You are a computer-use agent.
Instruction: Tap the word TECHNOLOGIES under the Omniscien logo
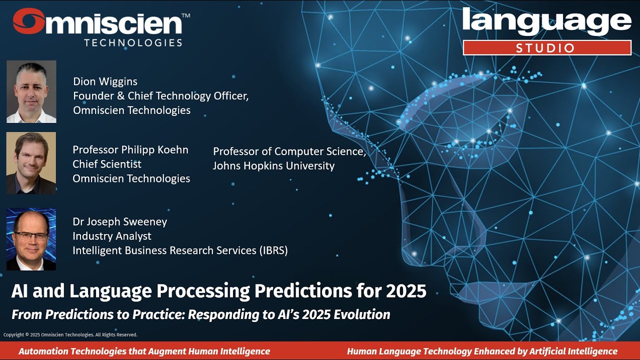click(133, 42)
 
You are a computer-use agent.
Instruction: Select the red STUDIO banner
click(547, 48)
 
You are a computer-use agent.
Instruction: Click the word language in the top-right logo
click(547, 22)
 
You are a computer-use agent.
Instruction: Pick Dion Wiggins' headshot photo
click(31, 91)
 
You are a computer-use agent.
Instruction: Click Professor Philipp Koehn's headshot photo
click(31, 163)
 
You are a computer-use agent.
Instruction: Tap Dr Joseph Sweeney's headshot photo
click(31, 239)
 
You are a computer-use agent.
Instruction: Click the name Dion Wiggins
click(105, 81)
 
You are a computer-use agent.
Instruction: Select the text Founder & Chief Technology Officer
click(160, 95)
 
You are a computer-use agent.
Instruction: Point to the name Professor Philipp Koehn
click(130, 149)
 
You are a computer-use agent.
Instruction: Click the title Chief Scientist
click(107, 164)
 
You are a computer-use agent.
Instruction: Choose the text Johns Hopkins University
click(273, 165)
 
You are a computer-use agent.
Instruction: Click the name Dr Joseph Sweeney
click(120, 221)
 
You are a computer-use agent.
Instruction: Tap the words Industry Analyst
click(112, 236)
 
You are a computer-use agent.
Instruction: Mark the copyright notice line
click(70, 334)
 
